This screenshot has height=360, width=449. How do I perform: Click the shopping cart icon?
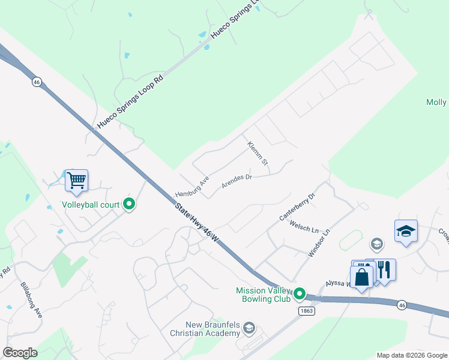(76, 180)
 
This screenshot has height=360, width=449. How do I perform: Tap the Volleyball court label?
(91, 205)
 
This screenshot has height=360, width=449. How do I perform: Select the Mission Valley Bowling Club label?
(264, 295)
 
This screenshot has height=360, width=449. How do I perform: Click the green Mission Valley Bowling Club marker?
(300, 295)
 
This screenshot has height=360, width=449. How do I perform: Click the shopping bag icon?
(361, 277)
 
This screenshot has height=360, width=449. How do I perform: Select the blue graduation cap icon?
(406, 231)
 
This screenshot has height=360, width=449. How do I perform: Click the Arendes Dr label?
(236, 181)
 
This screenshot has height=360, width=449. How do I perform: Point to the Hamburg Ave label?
(191, 187)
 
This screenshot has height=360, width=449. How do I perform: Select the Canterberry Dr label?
(297, 206)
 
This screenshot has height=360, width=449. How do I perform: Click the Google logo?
(20, 352)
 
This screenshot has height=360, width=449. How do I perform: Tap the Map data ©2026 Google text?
(411, 355)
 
